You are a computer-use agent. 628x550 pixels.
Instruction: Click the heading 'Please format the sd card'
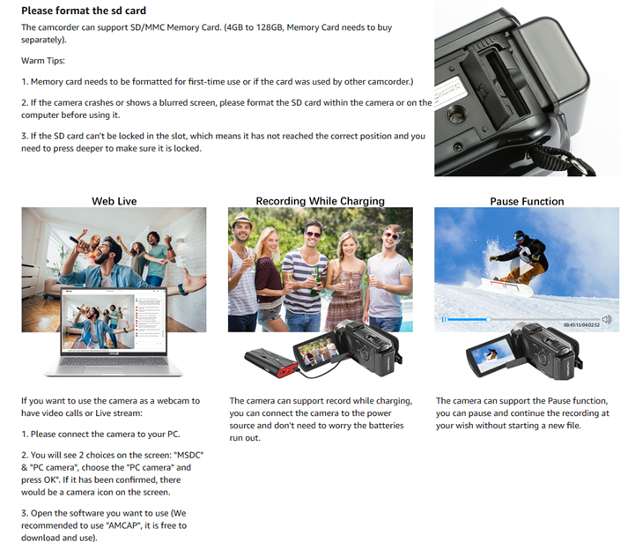(84, 11)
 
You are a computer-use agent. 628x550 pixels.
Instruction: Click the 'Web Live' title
(115, 201)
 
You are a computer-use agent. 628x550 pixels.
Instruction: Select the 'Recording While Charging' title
(320, 201)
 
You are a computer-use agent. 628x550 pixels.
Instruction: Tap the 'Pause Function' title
(527, 201)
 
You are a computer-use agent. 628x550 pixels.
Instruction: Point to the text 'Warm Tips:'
(43, 61)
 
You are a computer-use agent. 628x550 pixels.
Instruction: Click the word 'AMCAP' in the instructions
(125, 525)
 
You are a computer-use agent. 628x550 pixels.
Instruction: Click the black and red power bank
(271, 363)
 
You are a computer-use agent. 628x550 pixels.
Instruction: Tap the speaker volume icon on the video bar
(606, 319)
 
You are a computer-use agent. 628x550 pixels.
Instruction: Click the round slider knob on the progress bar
(489, 319)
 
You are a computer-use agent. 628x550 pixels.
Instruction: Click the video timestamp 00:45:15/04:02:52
(581, 325)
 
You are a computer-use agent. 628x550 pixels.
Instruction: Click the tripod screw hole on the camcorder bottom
(456, 115)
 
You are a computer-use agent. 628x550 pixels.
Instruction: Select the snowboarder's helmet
(519, 235)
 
